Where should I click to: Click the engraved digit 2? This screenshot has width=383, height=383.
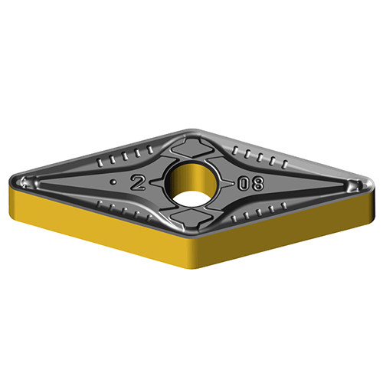tap(138, 183)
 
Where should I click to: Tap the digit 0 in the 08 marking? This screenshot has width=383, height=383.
tap(244, 184)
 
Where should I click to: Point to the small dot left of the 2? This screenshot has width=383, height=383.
tap(113, 182)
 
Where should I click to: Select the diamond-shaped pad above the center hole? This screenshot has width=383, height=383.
tap(192, 148)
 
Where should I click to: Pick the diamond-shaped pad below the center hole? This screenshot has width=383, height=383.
tap(191, 219)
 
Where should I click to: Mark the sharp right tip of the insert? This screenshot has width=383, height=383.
tap(375, 183)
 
